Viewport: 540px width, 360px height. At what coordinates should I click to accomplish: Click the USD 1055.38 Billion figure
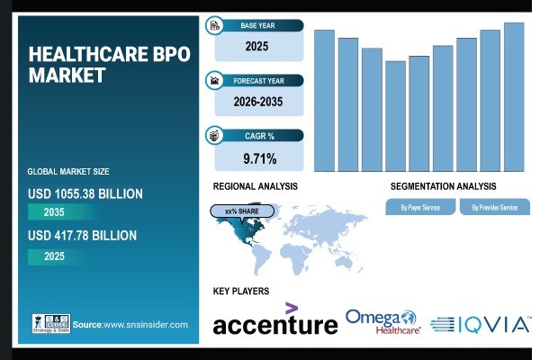coord(85,193)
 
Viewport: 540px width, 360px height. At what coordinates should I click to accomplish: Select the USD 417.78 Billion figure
coord(82,236)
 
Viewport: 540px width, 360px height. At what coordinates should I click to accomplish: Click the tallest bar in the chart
coord(514,96)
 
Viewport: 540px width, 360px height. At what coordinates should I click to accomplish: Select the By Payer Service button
coord(419,208)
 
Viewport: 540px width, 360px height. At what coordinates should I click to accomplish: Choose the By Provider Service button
coord(494,208)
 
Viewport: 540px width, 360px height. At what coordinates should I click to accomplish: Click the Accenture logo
coord(274,322)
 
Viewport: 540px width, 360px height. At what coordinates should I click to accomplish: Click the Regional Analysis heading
coord(255,186)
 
